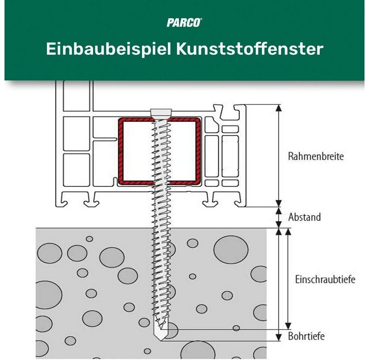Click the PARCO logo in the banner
[184, 22]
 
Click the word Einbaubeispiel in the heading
[109, 49]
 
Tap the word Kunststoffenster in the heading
[249, 49]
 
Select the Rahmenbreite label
[315, 156]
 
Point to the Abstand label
[304, 217]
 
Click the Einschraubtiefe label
[325, 279]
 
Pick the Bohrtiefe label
[306, 336]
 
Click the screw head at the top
[161, 113]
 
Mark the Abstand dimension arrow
[279, 217]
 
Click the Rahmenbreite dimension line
[278, 156]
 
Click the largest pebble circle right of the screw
[231, 250]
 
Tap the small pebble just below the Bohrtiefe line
[236, 328]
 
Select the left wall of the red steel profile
[121, 151]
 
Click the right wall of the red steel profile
[198, 151]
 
